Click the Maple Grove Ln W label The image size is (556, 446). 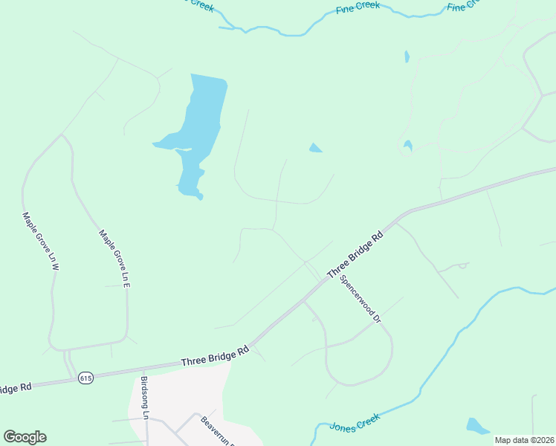click(40, 242)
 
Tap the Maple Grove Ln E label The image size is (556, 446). click(115, 258)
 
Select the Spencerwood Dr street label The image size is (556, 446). click(360, 300)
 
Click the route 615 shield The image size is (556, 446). click(86, 378)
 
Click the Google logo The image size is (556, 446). click(25, 437)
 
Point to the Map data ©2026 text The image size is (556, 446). click(523, 440)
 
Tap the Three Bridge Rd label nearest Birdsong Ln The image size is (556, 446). click(214, 358)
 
